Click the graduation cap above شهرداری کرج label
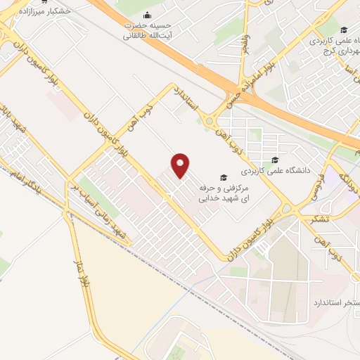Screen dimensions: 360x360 pyautogui.click(x=344, y=30)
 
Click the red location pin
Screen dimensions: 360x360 pyautogui.click(x=181, y=166)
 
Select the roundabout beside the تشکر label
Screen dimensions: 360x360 pyautogui.click(x=287, y=209)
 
